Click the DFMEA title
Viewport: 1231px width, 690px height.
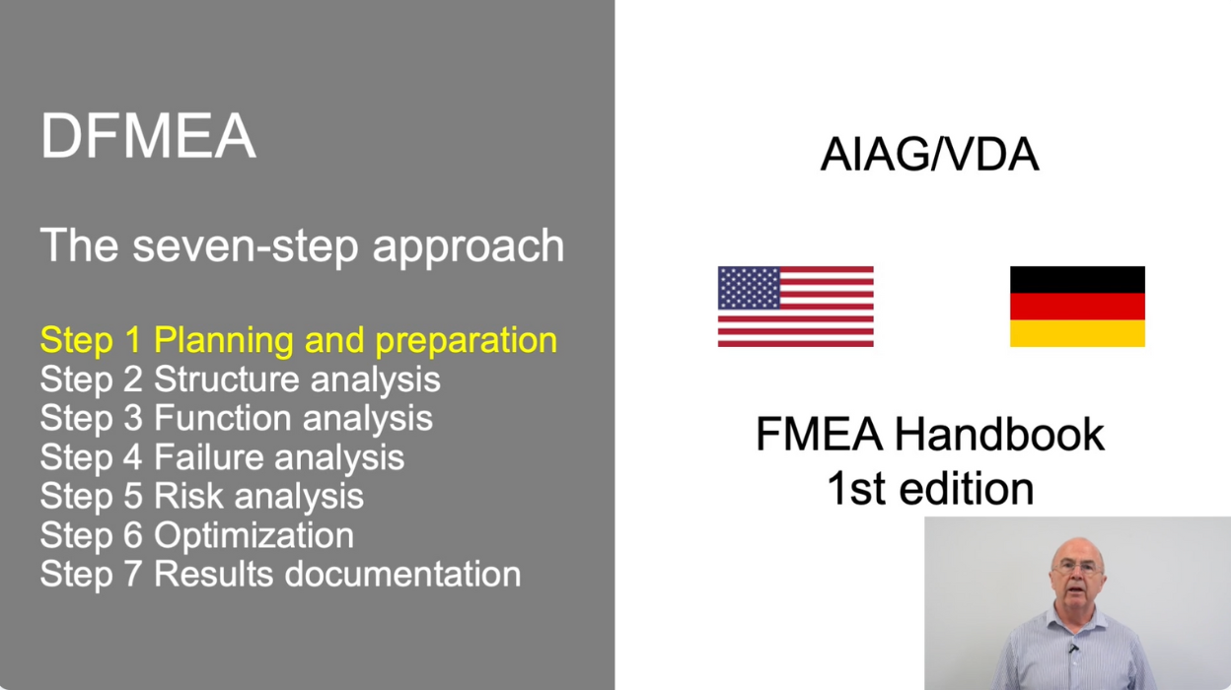(148, 136)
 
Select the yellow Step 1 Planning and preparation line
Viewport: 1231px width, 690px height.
(298, 340)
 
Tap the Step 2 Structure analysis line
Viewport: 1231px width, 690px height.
(240, 379)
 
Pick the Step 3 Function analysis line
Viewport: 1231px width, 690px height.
(236, 418)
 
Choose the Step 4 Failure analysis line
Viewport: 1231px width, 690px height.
(222, 457)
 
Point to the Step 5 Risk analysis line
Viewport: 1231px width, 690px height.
(201, 496)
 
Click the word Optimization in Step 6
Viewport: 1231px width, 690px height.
(253, 535)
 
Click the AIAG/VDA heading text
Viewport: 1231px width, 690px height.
(929, 156)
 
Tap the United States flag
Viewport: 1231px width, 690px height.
(795, 307)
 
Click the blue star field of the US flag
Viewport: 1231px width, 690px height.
(749, 288)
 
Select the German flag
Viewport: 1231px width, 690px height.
(1077, 307)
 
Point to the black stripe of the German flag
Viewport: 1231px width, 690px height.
(1077, 279)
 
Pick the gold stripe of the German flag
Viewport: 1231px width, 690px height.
(1077, 333)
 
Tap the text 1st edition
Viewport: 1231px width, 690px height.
(929, 488)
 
